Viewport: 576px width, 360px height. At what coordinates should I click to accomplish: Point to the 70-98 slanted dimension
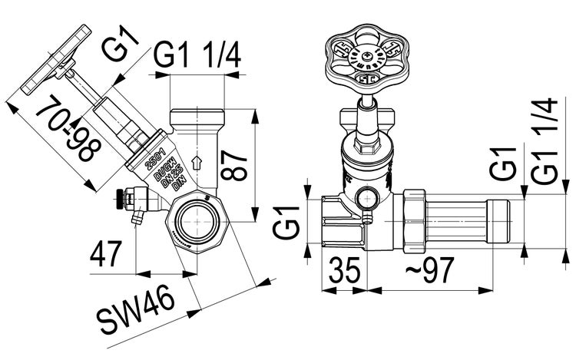pos(68,130)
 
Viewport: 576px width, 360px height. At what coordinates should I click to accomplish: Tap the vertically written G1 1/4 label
pos(543,140)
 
